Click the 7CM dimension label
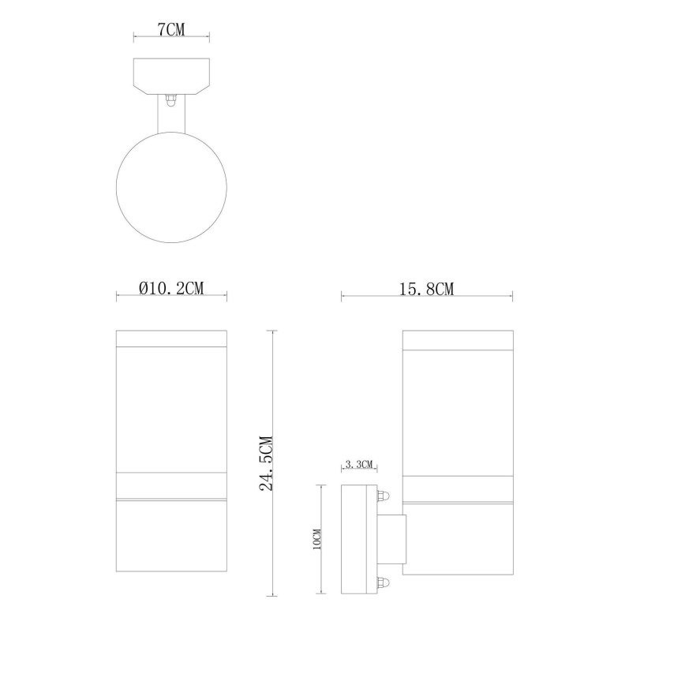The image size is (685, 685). tap(171, 30)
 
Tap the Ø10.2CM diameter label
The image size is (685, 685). tap(171, 289)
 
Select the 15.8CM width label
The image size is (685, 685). tap(427, 289)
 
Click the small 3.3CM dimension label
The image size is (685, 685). tap(359, 466)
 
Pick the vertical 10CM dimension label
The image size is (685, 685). tap(316, 539)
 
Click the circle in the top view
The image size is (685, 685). tap(171, 186)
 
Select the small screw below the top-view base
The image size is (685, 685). tap(170, 101)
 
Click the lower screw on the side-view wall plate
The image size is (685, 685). tap(384, 584)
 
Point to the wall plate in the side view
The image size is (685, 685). tap(357, 540)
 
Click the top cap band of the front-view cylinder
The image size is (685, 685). tap(171, 338)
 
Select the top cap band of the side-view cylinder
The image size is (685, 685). tap(457, 338)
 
